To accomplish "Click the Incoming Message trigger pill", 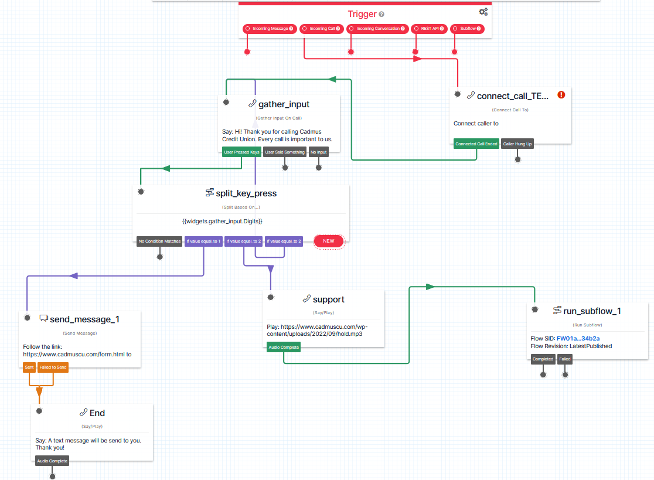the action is pos(270,29).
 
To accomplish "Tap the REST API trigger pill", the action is pos(429,29).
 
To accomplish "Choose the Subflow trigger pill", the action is pos(467,29).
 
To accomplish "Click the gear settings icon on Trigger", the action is pos(483,12).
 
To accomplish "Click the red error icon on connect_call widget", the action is pos(561,95).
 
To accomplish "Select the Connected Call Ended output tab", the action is pos(476,144).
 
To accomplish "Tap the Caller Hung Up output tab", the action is pos(517,144).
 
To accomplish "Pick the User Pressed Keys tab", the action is pos(241,152).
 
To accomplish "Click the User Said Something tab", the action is pos(285,152).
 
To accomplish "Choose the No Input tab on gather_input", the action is pos(319,152).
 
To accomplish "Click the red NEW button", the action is pos(329,241).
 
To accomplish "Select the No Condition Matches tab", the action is pos(159,241).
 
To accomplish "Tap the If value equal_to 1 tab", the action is pos(203,241).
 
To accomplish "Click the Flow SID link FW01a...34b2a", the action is pos(578,339).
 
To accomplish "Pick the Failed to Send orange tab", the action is pos(53,367).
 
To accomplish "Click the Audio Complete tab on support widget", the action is pos(284,348).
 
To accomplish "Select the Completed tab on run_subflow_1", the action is pos(543,359).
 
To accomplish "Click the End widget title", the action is pos(97,413).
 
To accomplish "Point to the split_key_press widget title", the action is pos(246,193).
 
